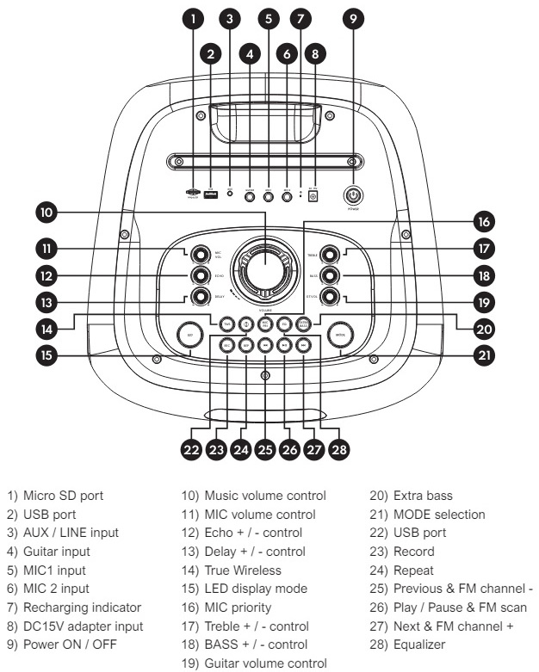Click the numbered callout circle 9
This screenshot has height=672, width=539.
pos(352,18)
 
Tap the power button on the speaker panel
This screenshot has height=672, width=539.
pos(352,194)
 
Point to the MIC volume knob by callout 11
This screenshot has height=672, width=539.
pos(201,253)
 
